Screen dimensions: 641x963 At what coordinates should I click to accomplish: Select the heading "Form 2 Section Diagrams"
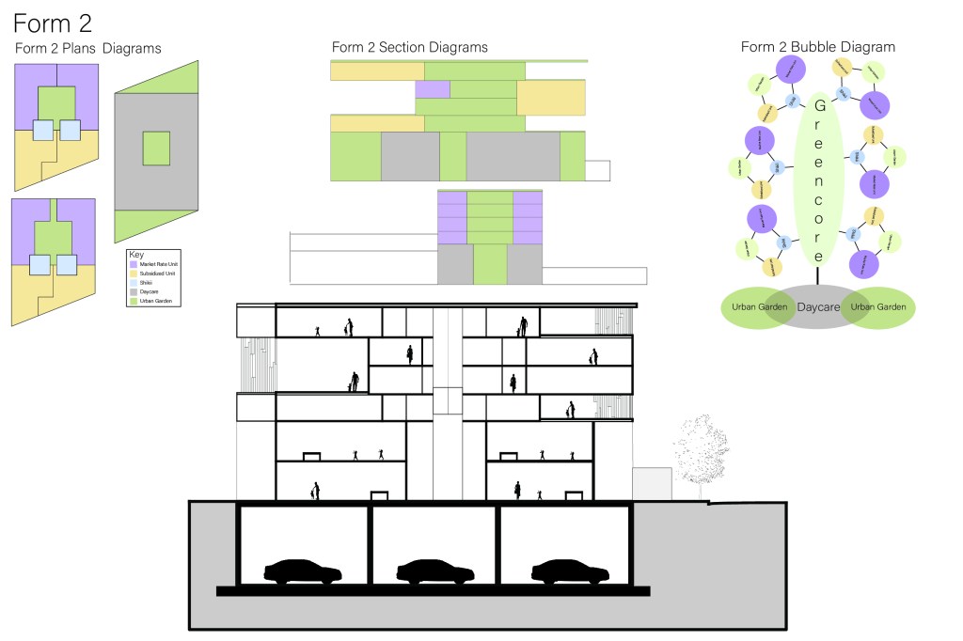tap(409, 47)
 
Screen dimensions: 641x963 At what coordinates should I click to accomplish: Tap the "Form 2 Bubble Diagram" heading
tap(817, 46)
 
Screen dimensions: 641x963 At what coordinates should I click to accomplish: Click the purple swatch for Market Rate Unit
tap(133, 265)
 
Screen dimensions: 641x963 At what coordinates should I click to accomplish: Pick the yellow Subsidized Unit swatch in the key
tap(133, 274)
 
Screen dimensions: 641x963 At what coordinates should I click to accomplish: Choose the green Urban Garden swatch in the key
tap(133, 300)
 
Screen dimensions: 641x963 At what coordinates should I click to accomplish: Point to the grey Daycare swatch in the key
tap(133, 291)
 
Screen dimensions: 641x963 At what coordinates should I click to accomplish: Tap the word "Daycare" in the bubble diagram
tap(817, 307)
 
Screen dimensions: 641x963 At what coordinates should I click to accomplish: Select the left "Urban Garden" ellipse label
tap(758, 307)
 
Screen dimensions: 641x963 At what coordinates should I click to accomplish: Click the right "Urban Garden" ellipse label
tap(877, 307)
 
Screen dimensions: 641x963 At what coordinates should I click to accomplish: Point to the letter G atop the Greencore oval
tap(819, 105)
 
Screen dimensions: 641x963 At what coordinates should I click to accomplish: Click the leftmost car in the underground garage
tap(302, 571)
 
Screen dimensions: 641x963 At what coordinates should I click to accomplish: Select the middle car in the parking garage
tap(435, 571)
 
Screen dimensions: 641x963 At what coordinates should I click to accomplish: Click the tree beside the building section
tap(700, 451)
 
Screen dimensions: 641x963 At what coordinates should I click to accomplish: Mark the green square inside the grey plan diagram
tap(156, 149)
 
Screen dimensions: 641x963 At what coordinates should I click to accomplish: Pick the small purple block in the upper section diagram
tap(432, 89)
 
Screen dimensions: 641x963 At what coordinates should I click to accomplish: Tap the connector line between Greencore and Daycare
tap(818, 274)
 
